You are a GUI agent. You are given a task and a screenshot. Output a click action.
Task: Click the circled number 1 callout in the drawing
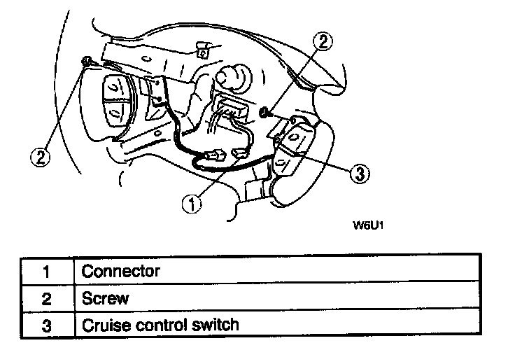[192, 204]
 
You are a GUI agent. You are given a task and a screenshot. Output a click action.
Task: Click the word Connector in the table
[121, 272]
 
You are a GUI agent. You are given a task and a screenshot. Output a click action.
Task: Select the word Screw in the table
[106, 298]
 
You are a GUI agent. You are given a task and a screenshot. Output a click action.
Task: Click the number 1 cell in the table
[47, 272]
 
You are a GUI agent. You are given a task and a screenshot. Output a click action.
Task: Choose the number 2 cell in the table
[47, 298]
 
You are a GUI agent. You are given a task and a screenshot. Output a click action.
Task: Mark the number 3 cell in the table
[47, 325]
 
